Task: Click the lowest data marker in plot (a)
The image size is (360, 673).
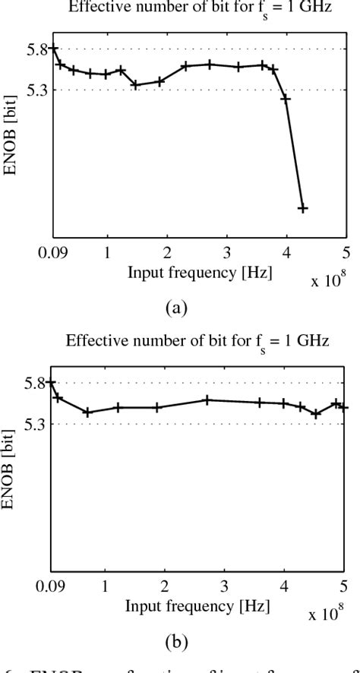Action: (302, 208)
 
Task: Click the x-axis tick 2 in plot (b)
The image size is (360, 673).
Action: (166, 586)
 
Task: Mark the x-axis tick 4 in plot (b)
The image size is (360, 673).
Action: (285, 586)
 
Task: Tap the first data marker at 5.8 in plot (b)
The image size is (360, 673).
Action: (51, 383)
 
